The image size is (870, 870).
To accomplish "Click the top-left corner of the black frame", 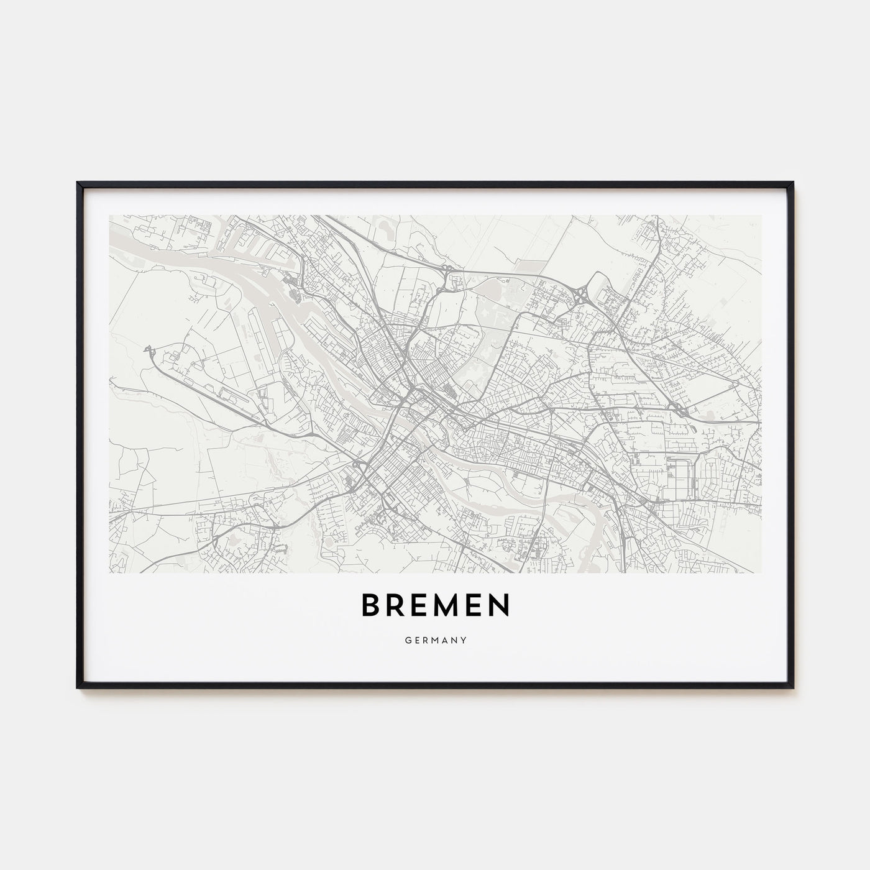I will (x=78, y=183).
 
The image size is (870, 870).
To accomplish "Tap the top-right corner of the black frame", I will (x=792, y=183).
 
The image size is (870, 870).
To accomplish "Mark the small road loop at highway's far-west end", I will (x=149, y=352).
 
